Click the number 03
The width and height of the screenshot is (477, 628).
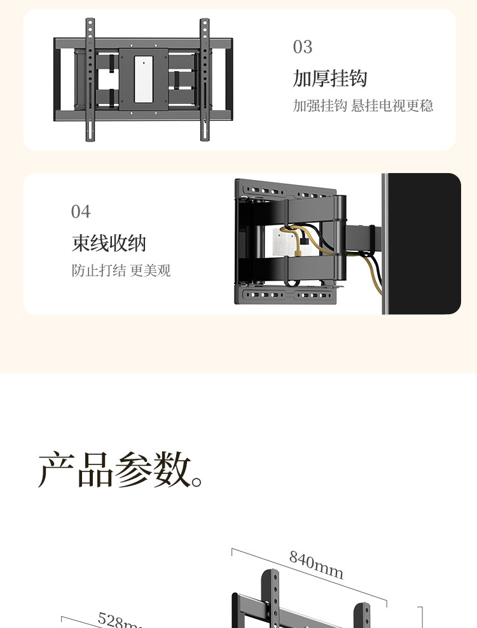[303, 47]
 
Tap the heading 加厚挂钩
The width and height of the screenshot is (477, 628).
[330, 79]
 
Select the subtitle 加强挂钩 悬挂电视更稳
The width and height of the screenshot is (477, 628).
[363, 106]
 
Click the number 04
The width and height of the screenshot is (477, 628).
[81, 211]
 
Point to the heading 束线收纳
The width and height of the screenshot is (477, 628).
[109, 243]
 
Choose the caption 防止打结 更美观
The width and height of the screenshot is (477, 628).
[121, 270]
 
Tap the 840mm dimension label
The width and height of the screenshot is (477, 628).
[316, 564]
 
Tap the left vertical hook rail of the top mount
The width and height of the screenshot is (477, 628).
[90, 80]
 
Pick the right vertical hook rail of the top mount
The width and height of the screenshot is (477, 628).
[205, 80]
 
